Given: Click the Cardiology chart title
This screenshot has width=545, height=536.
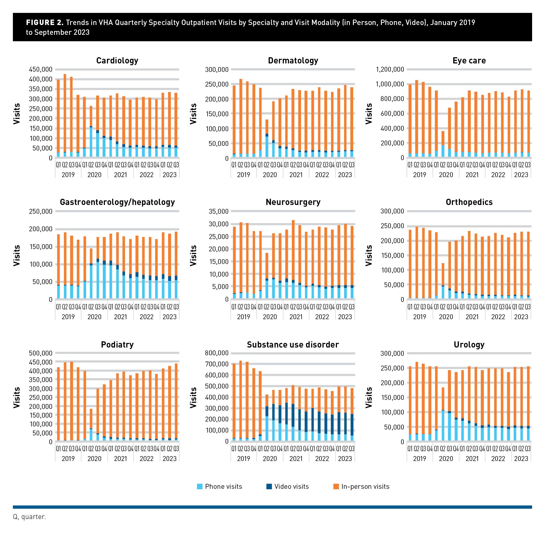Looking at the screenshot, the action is (x=117, y=61).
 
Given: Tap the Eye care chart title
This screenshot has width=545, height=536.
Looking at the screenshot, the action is (x=469, y=61).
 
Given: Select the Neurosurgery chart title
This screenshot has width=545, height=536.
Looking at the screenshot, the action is (x=293, y=202).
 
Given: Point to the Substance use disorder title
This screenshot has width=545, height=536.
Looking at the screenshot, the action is (x=293, y=344).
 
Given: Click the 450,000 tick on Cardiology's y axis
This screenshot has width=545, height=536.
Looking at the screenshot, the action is (x=41, y=69).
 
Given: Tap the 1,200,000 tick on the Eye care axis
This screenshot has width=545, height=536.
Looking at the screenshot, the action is (x=390, y=69).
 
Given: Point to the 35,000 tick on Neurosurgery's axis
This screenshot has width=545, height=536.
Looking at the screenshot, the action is (x=218, y=211).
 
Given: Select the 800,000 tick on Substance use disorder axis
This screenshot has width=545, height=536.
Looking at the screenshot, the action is (x=217, y=353).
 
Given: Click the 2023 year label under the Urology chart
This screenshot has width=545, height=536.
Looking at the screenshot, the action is (x=521, y=459).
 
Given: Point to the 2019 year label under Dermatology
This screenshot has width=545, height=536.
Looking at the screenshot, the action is (x=244, y=175).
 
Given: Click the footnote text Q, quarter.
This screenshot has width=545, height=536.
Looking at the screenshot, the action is (x=29, y=517).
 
